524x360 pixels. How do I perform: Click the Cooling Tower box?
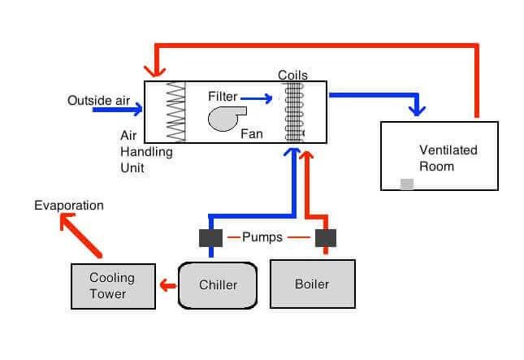click(112, 286)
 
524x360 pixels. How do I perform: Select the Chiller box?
click(218, 285)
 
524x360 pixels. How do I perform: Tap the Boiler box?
click(312, 284)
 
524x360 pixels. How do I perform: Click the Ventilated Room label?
click(448, 158)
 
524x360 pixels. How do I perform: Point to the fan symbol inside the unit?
click(224, 119)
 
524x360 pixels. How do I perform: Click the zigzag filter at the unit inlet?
click(176, 112)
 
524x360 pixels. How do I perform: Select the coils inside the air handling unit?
click(293, 112)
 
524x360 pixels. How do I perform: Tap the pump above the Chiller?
click(210, 237)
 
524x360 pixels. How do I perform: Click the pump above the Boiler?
click(326, 237)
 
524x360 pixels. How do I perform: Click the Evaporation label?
click(69, 206)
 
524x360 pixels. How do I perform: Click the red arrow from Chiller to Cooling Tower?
click(168, 285)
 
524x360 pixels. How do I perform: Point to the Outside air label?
click(98, 100)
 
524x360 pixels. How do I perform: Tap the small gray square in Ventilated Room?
click(407, 184)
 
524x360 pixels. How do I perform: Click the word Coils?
click(292, 75)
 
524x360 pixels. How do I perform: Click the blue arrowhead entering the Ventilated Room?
click(418, 108)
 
